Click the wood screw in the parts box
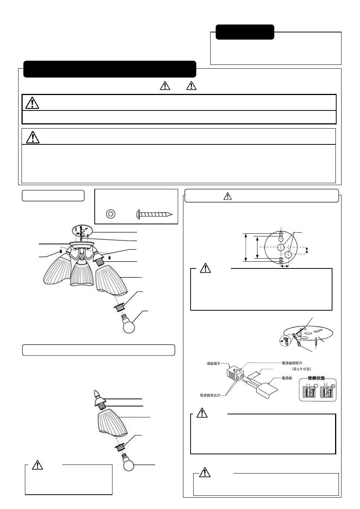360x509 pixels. [154, 214]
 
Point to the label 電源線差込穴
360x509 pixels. [212, 395]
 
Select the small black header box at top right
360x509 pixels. [245, 32]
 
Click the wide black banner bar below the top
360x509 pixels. [110, 69]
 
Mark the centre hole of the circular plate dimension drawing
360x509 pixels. [281, 247]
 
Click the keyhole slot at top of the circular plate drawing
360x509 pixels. [282, 238]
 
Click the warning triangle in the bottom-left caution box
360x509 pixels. [37, 465]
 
